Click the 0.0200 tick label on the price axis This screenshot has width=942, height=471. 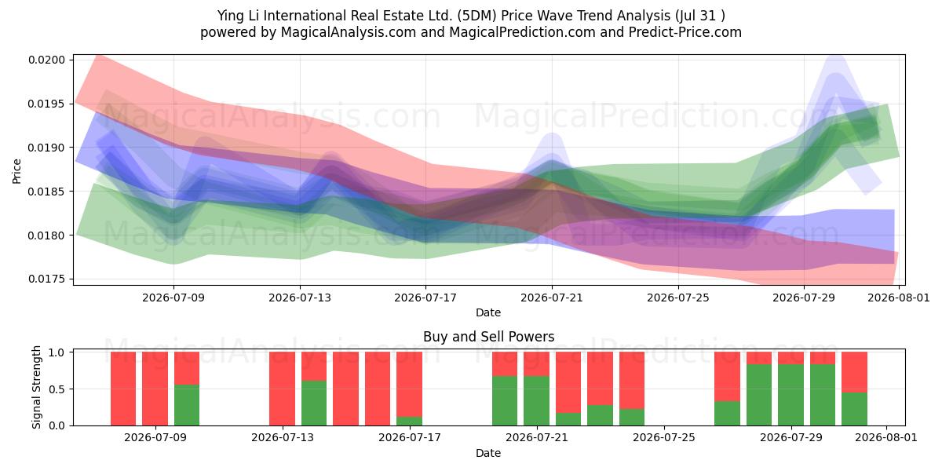(46, 60)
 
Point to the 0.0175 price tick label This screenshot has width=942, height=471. (46, 279)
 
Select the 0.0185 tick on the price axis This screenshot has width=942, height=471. (46, 192)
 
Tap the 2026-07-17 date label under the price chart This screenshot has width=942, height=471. (425, 298)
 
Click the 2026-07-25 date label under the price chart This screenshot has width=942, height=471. (678, 298)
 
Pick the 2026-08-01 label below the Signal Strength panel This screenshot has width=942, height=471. (886, 437)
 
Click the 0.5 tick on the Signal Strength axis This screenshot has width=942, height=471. (57, 389)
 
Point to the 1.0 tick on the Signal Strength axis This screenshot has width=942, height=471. (57, 352)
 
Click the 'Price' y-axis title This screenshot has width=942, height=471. (16, 172)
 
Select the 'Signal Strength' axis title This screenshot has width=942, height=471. (37, 387)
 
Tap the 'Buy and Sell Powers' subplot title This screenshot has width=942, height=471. (488, 337)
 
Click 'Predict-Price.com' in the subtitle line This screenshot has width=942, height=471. (685, 32)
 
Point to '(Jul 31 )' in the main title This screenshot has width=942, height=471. (700, 16)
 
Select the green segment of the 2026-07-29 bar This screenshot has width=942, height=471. (790, 395)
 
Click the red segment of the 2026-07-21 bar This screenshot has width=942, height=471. (537, 363)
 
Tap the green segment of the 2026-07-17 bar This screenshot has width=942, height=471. (409, 421)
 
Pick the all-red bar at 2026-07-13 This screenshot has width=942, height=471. (282, 389)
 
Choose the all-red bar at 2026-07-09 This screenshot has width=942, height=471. (155, 389)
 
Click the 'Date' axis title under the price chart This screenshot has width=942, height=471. (488, 312)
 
